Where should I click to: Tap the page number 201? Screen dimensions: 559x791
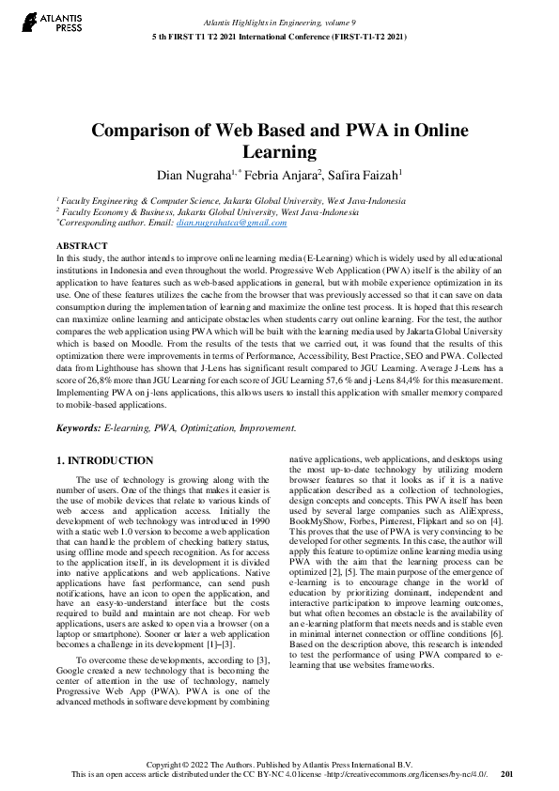click(x=506, y=776)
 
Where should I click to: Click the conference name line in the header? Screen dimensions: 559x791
click(x=279, y=36)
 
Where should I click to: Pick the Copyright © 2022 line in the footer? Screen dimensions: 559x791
click(x=279, y=766)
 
